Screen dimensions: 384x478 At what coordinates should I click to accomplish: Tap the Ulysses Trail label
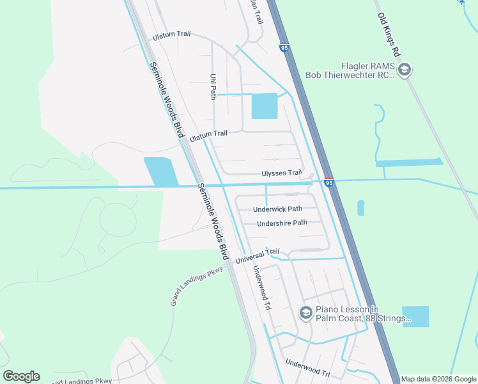point(281,173)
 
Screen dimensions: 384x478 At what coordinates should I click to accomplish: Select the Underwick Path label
point(277,209)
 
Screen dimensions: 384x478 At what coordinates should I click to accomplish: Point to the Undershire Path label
point(282,223)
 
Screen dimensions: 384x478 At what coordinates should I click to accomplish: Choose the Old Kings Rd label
point(388,33)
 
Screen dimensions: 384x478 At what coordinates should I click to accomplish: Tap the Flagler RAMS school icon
point(404,70)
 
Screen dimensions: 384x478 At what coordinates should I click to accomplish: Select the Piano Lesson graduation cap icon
point(305,313)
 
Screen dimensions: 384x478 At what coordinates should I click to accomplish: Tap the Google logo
point(21,376)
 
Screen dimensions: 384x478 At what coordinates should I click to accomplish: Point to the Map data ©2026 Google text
point(438,379)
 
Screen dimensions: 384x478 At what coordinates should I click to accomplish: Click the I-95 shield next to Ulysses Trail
point(328,182)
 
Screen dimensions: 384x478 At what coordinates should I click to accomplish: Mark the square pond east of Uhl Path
point(265,106)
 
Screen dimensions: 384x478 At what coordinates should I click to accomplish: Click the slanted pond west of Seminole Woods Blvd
point(161,172)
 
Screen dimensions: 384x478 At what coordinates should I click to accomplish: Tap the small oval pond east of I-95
point(361,207)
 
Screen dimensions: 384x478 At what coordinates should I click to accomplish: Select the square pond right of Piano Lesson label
point(415,316)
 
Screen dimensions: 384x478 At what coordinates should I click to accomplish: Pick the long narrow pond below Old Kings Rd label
point(409,162)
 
